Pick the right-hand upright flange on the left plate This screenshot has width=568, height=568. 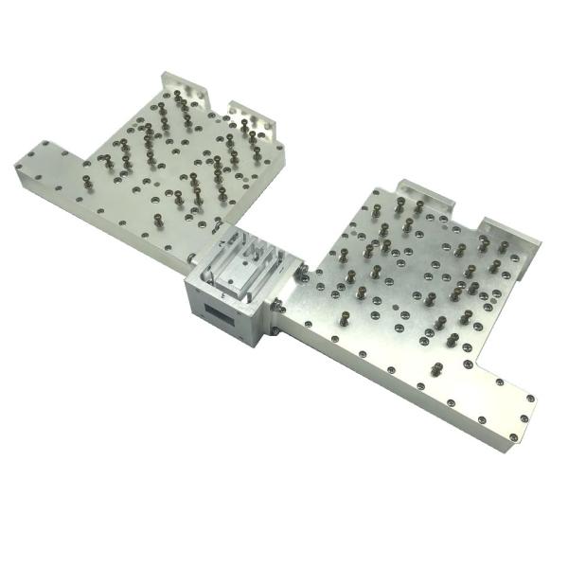253,115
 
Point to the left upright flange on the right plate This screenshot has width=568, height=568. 419,192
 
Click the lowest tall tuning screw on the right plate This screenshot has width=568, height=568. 436,367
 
